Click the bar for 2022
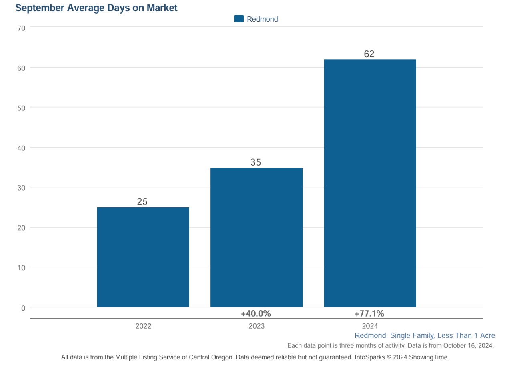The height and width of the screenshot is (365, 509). pos(143,257)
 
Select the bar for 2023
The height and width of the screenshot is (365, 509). pos(256,237)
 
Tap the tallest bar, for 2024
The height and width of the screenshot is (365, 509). pos(370,183)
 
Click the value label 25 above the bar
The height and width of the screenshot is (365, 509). pos(142,202)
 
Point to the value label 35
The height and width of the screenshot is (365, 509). pos(256,162)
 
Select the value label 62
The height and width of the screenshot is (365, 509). pos(369,54)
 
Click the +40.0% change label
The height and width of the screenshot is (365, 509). pos(256,314)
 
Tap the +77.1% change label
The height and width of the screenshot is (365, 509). pos(369,314)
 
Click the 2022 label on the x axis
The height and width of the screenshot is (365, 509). pos(143,326)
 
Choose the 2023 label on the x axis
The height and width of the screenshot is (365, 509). pos(257,326)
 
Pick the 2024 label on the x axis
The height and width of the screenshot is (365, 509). pos(370,326)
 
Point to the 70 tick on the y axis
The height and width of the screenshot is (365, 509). pos(22,28)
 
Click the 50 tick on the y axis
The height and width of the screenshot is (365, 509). pos(22,108)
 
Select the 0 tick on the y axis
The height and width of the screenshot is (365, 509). pos(23,308)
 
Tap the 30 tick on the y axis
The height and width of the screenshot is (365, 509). pos(22,188)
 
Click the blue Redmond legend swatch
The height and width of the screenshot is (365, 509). pos(239,19)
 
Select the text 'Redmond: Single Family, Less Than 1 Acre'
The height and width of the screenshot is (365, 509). pos(425,336)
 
